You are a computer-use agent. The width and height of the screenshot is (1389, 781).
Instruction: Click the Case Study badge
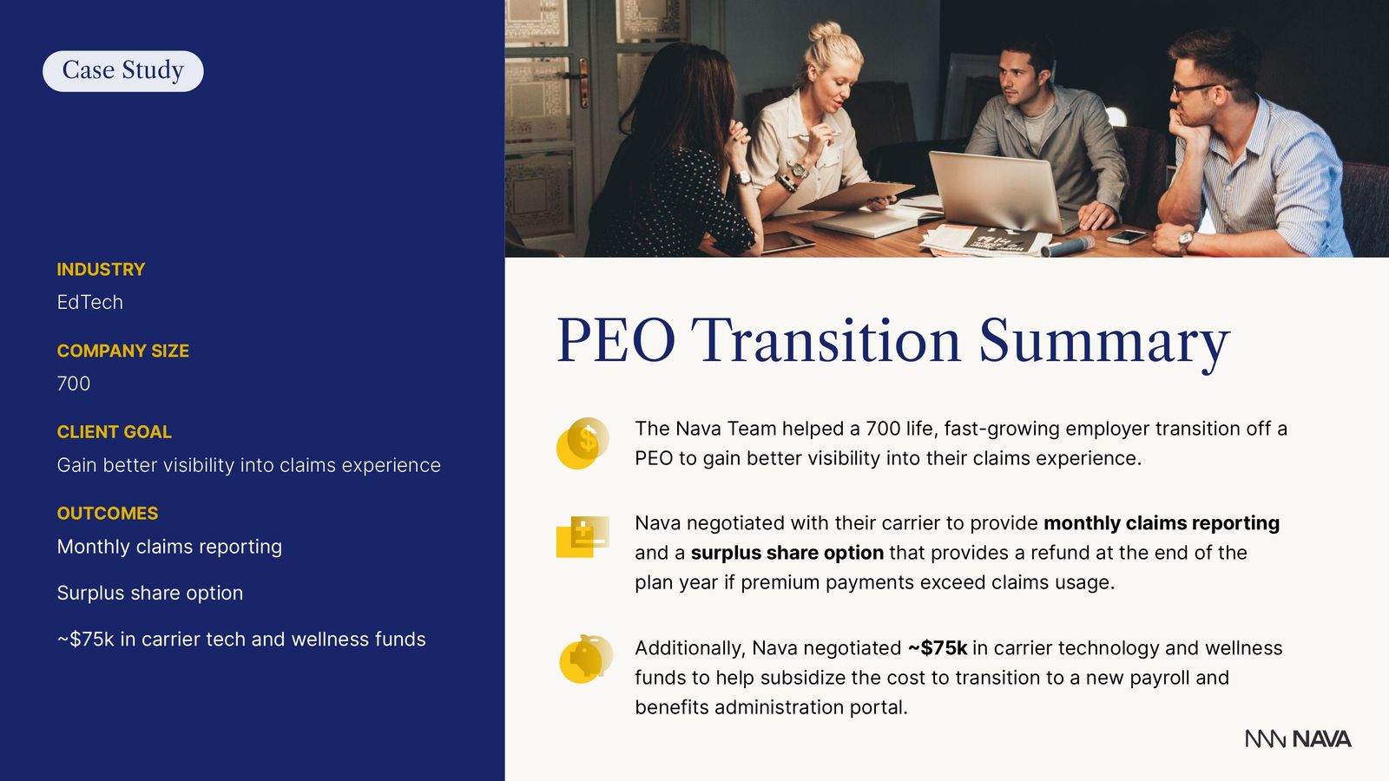click(x=122, y=70)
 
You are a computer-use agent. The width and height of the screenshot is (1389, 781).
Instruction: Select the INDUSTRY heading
click(x=101, y=270)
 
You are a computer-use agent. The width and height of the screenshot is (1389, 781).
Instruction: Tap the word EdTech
click(x=90, y=303)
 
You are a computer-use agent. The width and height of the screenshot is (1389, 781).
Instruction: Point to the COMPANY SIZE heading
click(x=122, y=351)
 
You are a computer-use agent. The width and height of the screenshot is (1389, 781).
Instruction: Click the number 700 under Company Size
click(x=73, y=384)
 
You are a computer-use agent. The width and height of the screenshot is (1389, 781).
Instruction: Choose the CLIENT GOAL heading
click(x=114, y=432)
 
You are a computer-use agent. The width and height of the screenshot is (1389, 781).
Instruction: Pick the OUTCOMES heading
click(x=108, y=513)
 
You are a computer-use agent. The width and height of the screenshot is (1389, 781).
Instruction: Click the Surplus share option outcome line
click(x=150, y=594)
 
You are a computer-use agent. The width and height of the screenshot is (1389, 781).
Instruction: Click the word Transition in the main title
click(x=826, y=341)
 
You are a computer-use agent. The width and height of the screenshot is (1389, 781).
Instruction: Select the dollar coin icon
click(x=583, y=443)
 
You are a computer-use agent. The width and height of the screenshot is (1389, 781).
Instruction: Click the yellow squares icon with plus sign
click(x=583, y=537)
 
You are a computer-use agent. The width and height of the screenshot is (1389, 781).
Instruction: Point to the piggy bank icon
click(x=585, y=659)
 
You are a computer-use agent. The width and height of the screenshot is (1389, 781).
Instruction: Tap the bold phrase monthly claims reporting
click(x=1162, y=523)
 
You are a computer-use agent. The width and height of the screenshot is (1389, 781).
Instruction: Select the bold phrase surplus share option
click(x=787, y=553)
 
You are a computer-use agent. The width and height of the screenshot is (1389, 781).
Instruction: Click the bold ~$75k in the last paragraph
click(x=938, y=648)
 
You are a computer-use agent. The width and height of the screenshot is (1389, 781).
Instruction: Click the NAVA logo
click(x=1298, y=738)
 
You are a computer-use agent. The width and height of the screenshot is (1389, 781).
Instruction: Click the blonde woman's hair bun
click(x=825, y=31)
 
